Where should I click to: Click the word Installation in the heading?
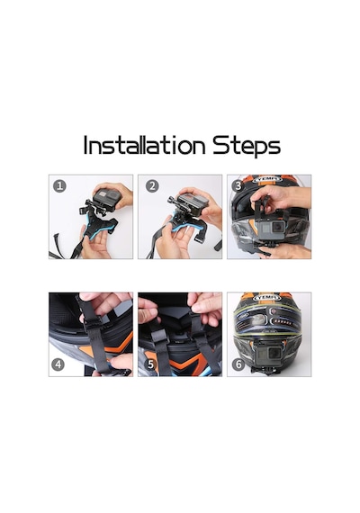(x=144, y=145)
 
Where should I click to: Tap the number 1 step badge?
(x=59, y=185)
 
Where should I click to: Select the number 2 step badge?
(x=152, y=185)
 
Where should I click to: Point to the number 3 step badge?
(x=238, y=185)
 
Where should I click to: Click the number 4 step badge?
(x=58, y=364)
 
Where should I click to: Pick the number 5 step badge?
(x=150, y=364)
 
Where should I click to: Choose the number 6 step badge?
(x=238, y=364)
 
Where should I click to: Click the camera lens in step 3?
(x=279, y=226)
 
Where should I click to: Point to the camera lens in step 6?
(x=275, y=352)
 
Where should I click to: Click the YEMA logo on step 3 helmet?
(x=267, y=179)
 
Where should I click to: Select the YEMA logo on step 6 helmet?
(x=266, y=298)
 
